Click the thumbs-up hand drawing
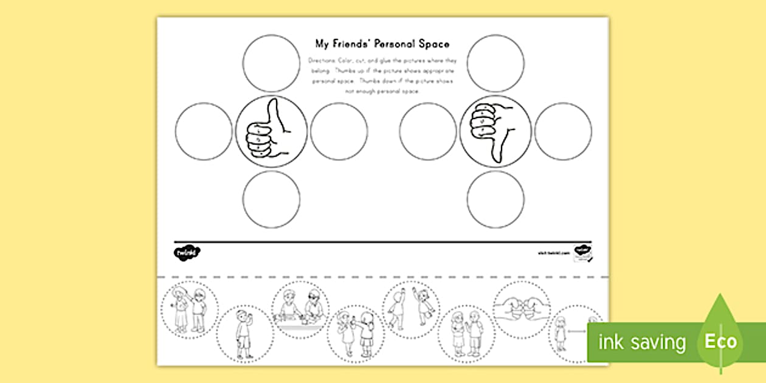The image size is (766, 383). [x=264, y=131]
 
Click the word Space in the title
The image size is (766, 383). [x=435, y=44]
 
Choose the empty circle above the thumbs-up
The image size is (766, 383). [x=272, y=63]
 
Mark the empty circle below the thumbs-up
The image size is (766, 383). [x=272, y=199]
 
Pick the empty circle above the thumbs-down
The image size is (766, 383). [x=495, y=63]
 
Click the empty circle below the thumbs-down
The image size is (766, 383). [x=495, y=199]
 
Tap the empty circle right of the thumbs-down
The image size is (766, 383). [x=564, y=131]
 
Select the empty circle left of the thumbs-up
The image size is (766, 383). [x=204, y=131]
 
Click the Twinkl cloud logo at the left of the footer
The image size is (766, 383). [x=187, y=252]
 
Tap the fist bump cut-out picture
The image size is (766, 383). [x=522, y=309]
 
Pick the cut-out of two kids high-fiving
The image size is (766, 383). [x=410, y=310]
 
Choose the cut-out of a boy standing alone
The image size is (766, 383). [x=245, y=334]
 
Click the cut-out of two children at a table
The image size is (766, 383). [x=300, y=310]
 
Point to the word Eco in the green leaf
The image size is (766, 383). [x=720, y=341]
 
